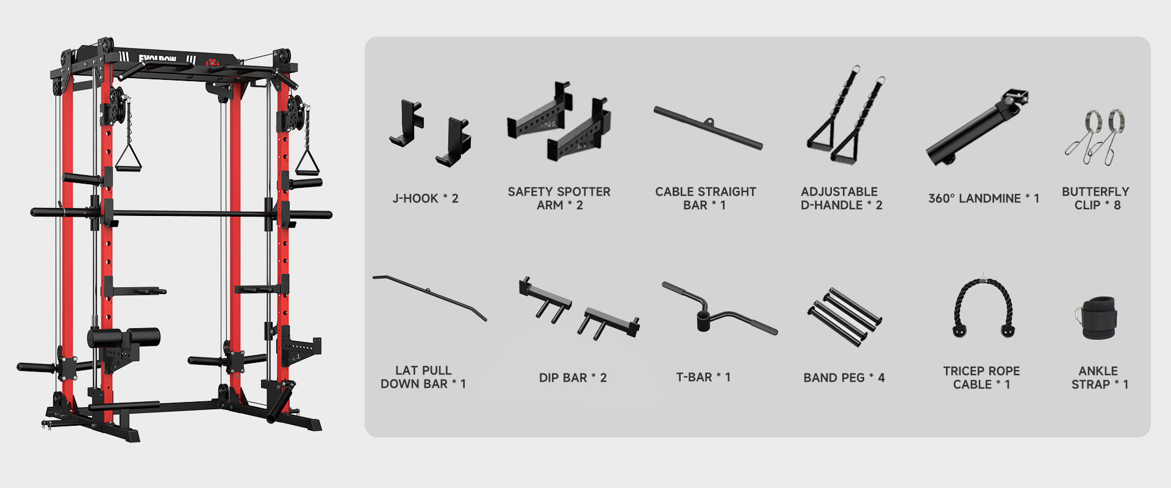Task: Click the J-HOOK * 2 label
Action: coord(425,198)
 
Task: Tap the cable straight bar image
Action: coord(708,127)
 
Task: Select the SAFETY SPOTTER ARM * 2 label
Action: coord(559,198)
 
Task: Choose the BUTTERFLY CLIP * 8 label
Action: coord(1096,198)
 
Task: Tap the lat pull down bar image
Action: coord(430,297)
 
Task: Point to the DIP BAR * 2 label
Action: coord(573,378)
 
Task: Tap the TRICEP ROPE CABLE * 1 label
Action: coord(981,378)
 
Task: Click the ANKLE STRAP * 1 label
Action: coord(1100,378)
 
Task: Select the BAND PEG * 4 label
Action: coord(844,378)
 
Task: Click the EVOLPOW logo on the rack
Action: coord(157,59)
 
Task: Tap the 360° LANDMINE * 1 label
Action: coord(984,198)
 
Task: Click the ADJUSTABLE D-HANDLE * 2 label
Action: coord(842,198)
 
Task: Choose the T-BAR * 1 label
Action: coord(703,377)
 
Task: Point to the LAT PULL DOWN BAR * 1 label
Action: coord(423,377)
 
